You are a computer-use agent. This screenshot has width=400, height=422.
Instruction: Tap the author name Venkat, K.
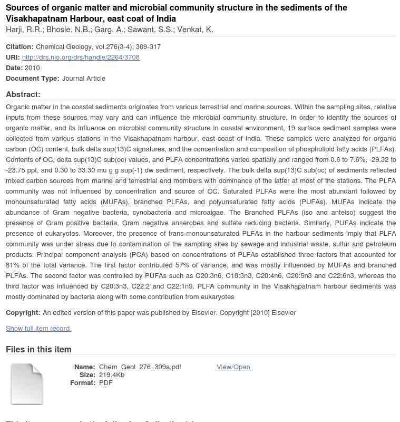(195, 30)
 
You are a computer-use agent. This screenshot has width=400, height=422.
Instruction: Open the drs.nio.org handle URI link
(81, 57)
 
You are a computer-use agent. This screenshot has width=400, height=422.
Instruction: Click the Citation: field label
(19, 46)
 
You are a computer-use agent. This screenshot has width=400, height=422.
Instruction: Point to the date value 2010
(32, 68)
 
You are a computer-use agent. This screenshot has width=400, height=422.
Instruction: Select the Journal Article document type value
(84, 78)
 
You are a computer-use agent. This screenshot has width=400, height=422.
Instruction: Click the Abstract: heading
(23, 94)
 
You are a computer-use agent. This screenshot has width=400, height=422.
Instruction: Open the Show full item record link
(38, 328)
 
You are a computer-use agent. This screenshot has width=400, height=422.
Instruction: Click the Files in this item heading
(38, 349)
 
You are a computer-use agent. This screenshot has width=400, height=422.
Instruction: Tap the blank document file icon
(27, 384)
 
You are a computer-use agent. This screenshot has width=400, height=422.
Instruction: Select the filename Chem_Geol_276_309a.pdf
(140, 367)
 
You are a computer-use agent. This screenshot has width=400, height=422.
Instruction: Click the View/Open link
(233, 367)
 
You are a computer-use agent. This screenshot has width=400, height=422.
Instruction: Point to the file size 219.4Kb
(112, 375)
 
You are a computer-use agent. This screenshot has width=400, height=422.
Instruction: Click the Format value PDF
(106, 382)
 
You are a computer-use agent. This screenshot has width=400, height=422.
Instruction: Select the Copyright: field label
(23, 312)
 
